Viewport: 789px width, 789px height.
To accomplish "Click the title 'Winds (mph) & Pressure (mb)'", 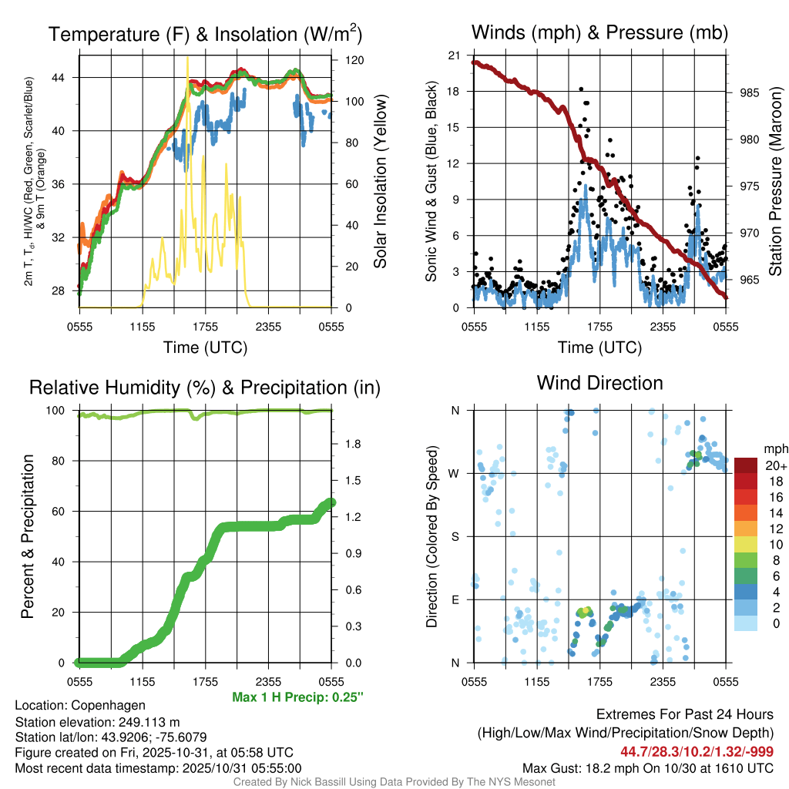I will pyautogui.click(x=599, y=32).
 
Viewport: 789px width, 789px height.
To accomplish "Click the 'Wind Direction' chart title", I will pyautogui.click(x=599, y=383).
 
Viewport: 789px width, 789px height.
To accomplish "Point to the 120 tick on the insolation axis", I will pyautogui.click(x=354, y=60).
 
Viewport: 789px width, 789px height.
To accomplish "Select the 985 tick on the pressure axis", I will pyautogui.click(x=750, y=92).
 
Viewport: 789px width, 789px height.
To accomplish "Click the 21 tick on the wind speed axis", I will pyautogui.click(x=452, y=55).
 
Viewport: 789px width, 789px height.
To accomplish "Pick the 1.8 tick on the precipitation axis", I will pyautogui.click(x=354, y=444).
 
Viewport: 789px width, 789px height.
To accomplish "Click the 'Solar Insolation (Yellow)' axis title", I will pyautogui.click(x=379, y=182).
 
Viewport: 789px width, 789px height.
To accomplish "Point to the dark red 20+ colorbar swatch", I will pyautogui.click(x=746, y=465).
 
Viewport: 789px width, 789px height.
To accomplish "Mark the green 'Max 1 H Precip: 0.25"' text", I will pyautogui.click(x=297, y=697).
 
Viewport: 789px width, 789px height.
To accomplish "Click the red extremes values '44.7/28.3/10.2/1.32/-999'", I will pyautogui.click(x=697, y=751).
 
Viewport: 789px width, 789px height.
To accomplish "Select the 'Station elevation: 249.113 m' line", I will pyautogui.click(x=97, y=722).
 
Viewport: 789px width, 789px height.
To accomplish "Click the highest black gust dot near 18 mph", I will pyautogui.click(x=582, y=89).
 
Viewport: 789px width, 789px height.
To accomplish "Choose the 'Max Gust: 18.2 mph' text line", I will pyautogui.click(x=648, y=768).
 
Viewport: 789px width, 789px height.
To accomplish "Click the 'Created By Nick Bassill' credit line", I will pyautogui.click(x=394, y=782).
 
